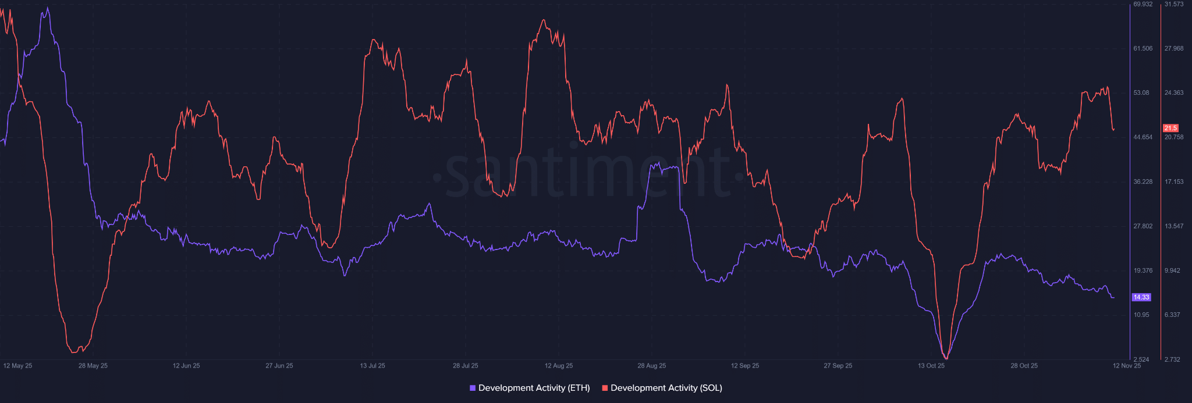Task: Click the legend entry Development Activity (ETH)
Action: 534,388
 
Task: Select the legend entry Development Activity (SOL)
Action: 666,388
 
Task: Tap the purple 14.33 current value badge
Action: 1141,297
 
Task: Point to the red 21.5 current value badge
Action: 1170,128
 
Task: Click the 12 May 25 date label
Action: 17,366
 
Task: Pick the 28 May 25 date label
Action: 93,366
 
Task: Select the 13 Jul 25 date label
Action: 372,366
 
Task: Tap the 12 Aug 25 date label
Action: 559,366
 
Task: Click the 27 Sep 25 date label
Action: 838,366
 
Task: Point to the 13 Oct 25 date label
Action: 931,366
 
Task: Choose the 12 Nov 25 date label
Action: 1127,366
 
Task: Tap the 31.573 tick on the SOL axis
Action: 1174,4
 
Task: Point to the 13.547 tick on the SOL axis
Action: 1174,226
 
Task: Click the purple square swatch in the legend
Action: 473,388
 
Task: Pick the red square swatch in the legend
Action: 605,388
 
